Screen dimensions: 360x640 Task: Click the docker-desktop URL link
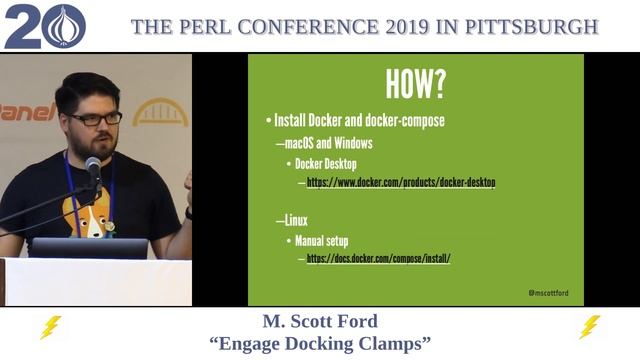(x=400, y=183)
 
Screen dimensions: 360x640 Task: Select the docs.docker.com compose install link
(x=378, y=258)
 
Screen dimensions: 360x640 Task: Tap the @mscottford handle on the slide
(x=548, y=293)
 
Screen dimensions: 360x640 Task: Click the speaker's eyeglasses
(x=97, y=118)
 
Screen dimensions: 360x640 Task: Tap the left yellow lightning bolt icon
(x=49, y=327)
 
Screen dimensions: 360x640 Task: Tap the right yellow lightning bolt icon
(x=590, y=327)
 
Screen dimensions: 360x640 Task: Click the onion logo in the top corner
(x=66, y=27)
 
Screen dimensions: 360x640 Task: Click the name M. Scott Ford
(x=320, y=322)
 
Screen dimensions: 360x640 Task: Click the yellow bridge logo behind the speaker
(x=160, y=112)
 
